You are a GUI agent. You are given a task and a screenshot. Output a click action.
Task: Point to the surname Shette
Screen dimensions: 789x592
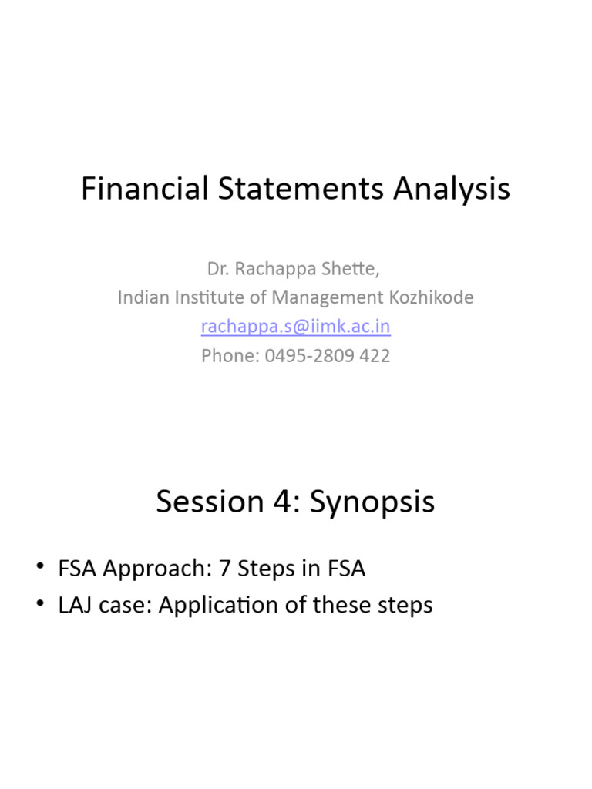[353, 269]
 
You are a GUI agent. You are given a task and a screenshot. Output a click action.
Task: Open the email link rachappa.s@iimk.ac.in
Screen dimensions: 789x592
[295, 327]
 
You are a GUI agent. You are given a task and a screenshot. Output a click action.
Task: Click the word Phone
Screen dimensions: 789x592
[225, 356]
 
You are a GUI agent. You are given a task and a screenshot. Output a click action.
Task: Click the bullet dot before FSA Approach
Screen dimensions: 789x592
[40, 569]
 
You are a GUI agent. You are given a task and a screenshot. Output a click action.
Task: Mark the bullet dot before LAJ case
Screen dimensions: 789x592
[40, 605]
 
